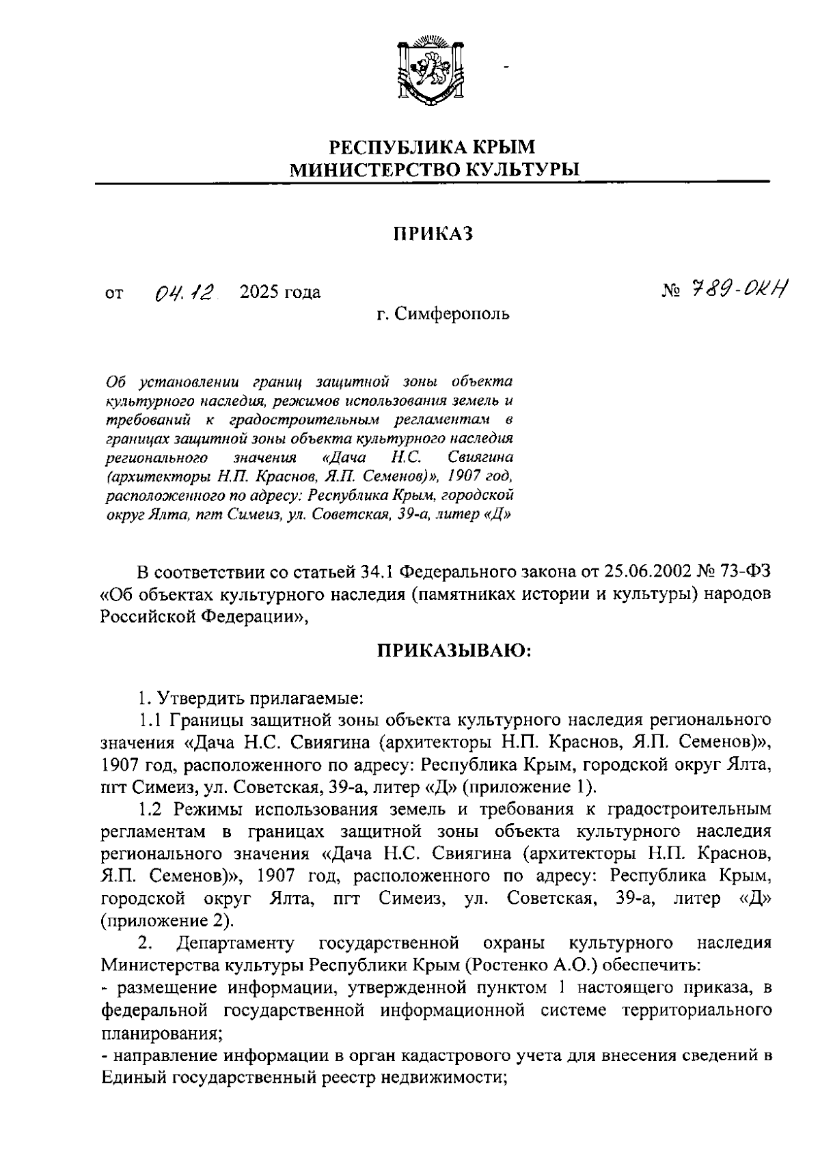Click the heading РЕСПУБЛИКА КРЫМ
433,146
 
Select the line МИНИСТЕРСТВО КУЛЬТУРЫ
433,169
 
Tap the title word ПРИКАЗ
433,234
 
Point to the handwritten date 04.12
184,293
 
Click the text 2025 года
280,292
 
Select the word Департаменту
235,943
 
